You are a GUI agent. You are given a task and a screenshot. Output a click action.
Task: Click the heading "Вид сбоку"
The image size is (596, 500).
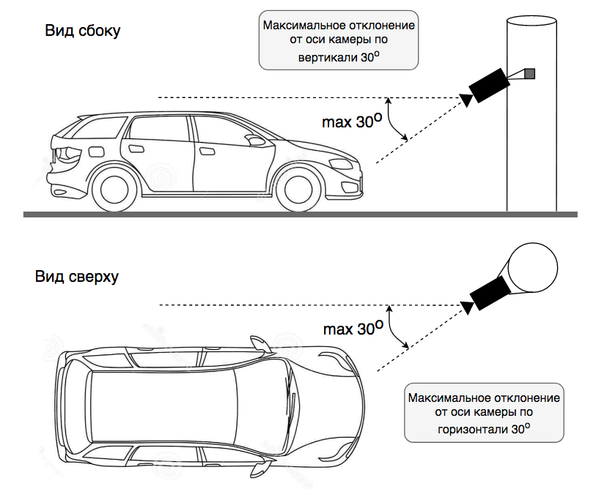[x=83, y=31]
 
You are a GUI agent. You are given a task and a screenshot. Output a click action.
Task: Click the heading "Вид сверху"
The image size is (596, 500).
[x=76, y=277]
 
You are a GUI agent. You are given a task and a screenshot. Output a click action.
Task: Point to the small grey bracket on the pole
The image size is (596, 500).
[x=529, y=73]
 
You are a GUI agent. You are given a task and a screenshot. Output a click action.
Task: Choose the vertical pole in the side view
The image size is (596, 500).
[x=531, y=146]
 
